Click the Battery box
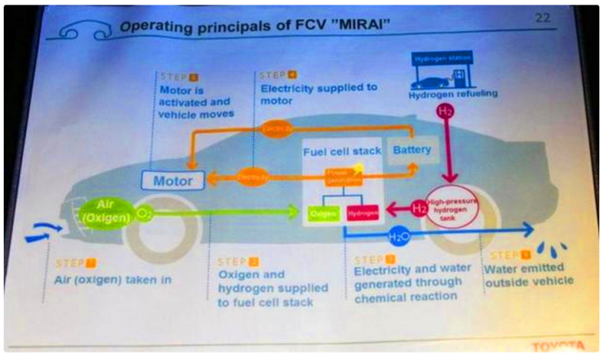411,151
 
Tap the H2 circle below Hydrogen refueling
444,113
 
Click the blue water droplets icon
555,250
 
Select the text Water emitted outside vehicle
529,275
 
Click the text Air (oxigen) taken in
113,280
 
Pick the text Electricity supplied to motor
316,93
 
